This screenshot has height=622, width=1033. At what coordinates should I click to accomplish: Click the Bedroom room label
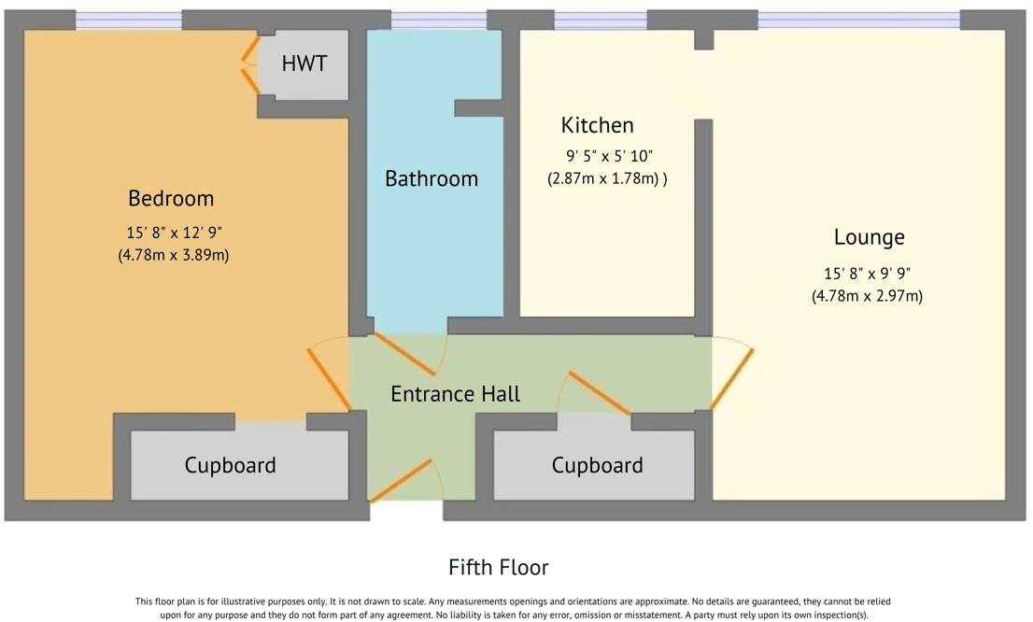coord(171,198)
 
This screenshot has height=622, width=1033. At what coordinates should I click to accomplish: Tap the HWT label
coord(304,64)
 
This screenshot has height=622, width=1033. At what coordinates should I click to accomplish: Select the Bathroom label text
coord(432,178)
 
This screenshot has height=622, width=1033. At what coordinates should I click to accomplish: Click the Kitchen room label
coord(597,125)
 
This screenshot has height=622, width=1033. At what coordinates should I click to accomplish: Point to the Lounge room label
coord(869,237)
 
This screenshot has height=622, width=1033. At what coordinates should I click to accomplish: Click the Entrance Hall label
coord(455,394)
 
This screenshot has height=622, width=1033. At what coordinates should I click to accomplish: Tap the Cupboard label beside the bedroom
coord(230,465)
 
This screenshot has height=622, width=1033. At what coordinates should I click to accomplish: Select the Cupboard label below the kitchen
coord(597,465)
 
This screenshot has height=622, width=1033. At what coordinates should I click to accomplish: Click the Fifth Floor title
coord(498,567)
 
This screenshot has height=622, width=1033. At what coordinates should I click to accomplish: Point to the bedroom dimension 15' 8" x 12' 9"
coord(174,233)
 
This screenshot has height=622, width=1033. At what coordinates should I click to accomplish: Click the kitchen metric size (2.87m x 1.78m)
coord(606,178)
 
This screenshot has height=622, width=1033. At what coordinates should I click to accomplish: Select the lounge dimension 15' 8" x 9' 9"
coord(867,274)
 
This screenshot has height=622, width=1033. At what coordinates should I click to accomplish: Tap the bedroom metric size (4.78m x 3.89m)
coord(174,254)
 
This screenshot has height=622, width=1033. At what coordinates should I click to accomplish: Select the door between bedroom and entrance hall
coord(329,378)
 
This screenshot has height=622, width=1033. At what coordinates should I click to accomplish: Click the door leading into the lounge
coord(732,378)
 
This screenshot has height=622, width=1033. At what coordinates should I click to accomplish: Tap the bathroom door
coord(404,354)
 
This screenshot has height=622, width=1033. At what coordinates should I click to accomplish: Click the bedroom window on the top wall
coord(128,20)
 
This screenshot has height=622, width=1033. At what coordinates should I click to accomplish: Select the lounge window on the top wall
coord(858,20)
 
